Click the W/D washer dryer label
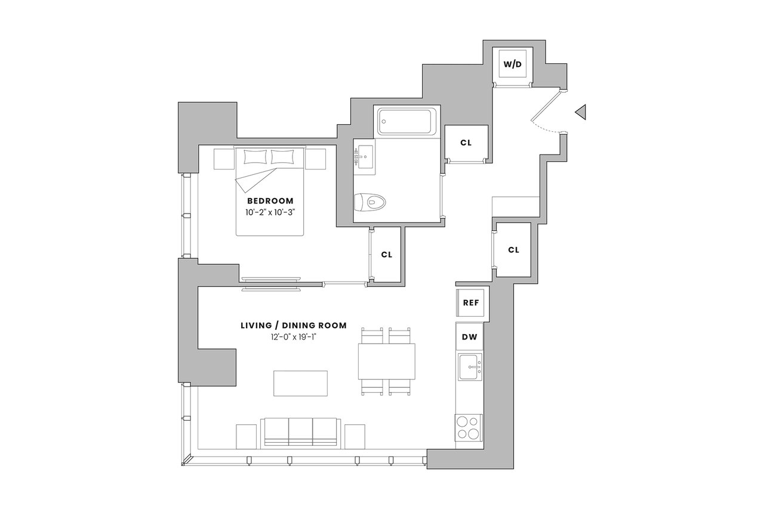pyautogui.click(x=513, y=64)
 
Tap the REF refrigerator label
pyautogui.click(x=471, y=303)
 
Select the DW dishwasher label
pyautogui.click(x=469, y=337)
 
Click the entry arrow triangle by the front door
pyautogui.click(x=581, y=112)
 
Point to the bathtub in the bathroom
pyautogui.click(x=407, y=121)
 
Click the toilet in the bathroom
pyautogui.click(x=369, y=202)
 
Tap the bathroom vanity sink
pyautogui.click(x=364, y=156)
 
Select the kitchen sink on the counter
pyautogui.click(x=470, y=367)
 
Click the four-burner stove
pyautogui.click(x=469, y=428)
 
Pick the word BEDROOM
pyautogui.click(x=270, y=201)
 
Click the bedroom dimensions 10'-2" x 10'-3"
pyautogui.click(x=270, y=212)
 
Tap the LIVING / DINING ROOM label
pyautogui.click(x=294, y=326)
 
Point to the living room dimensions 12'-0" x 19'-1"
pyautogui.click(x=294, y=337)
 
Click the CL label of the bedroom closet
pyautogui.click(x=386, y=255)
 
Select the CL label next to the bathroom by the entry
pyautogui.click(x=466, y=143)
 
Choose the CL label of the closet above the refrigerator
pyautogui.click(x=513, y=250)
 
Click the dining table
pyautogui.click(x=386, y=362)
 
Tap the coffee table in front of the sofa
pyautogui.click(x=300, y=383)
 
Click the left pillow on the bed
pyautogui.click(x=255, y=157)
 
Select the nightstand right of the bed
pyautogui.click(x=316, y=159)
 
